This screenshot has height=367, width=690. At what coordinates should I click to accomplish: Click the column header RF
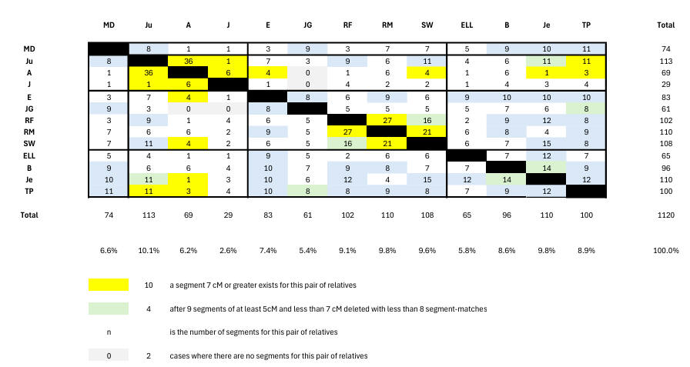click(347, 25)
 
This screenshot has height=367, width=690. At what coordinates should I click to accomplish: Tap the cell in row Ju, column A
click(189, 61)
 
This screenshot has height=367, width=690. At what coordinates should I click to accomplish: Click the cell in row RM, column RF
click(347, 132)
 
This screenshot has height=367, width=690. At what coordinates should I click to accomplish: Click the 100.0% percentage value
click(665, 250)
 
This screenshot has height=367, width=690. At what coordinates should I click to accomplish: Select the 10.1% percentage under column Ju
click(149, 250)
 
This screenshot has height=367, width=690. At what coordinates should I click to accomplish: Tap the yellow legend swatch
click(109, 285)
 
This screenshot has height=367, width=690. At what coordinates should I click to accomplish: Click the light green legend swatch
click(109, 309)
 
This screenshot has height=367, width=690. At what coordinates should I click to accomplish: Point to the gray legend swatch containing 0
click(109, 356)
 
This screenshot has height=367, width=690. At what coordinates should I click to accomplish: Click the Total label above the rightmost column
click(665, 25)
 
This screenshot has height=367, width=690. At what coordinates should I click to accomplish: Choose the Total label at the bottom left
click(30, 215)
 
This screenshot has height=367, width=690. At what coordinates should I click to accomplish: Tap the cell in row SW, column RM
click(387, 144)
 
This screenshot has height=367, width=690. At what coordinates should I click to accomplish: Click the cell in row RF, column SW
click(427, 120)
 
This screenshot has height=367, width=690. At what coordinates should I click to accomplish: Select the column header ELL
click(467, 25)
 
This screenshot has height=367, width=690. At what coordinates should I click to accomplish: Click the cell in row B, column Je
click(547, 167)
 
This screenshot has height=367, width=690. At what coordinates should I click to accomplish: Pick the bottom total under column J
click(228, 215)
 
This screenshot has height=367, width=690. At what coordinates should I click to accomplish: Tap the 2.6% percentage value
click(228, 250)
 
